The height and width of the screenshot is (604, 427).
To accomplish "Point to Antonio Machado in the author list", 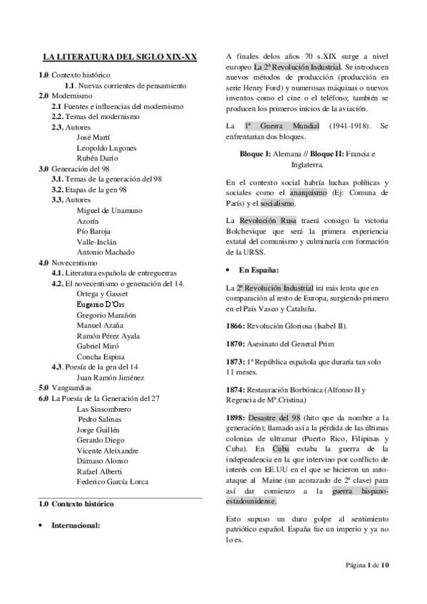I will click(x=106, y=251).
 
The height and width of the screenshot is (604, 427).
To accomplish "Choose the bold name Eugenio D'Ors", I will click(x=105, y=303).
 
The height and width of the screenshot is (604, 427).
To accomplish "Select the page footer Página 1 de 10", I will click(x=367, y=585).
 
